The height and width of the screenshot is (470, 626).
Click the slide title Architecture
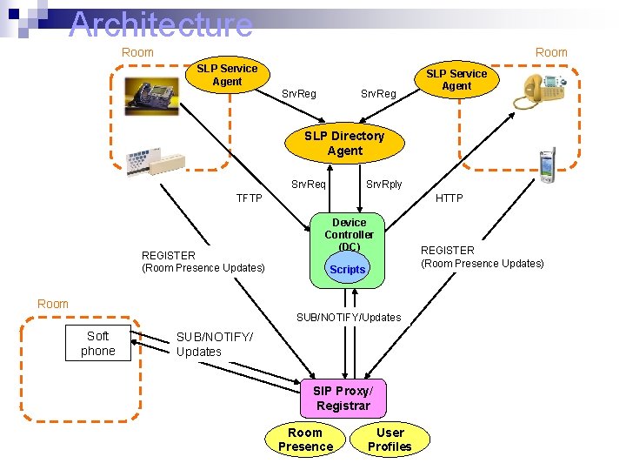point(161,23)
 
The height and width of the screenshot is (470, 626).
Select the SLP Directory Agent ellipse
point(344,144)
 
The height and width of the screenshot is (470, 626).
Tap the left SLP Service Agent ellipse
point(227,75)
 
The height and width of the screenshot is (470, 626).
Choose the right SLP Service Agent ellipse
point(456,79)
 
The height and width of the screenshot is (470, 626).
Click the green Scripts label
point(347,270)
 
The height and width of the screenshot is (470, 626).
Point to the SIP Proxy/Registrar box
point(343,399)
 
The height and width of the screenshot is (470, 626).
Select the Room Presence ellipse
point(305,440)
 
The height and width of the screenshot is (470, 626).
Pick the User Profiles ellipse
point(390,440)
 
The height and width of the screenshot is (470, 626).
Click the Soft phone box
point(97,344)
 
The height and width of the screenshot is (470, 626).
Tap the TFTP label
point(249,198)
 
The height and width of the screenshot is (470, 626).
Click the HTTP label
point(449,198)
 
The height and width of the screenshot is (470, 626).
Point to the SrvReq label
point(308,184)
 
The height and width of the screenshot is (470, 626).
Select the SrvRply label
point(383,184)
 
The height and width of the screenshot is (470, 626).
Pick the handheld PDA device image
point(546,165)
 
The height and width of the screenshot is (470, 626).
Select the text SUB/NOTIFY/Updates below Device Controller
point(349,318)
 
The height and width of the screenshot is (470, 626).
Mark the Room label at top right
point(550,52)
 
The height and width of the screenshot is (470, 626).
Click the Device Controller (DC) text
point(349,234)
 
